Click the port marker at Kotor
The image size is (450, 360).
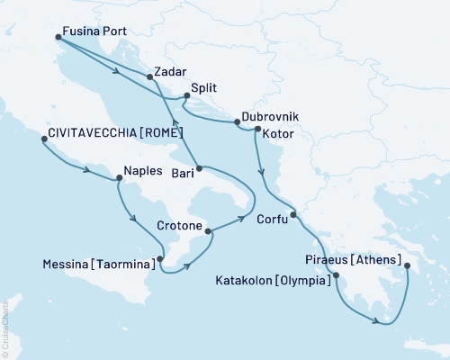tap(258, 130)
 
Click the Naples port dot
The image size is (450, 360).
tap(119, 178)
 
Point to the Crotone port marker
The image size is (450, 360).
tap(210, 231)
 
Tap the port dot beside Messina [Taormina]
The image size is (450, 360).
tap(160, 259)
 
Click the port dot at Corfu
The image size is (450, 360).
tap(294, 214)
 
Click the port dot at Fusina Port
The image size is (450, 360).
tap(58, 37)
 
